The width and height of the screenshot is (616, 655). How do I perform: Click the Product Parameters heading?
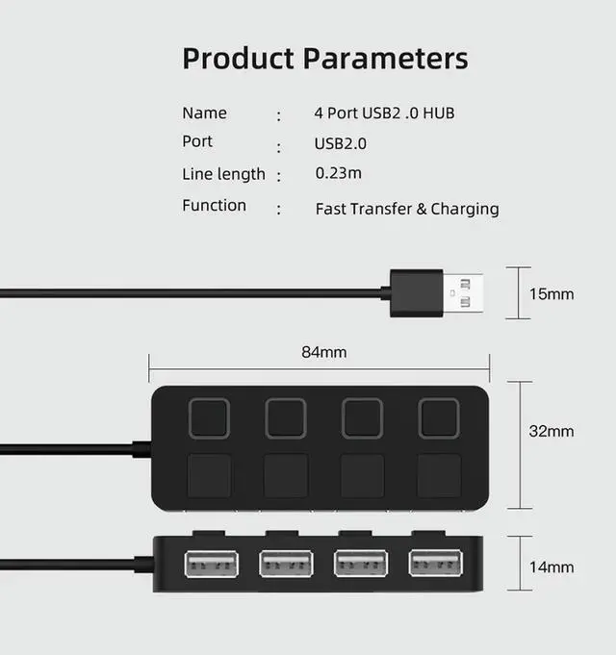pyautogui.click(x=324, y=58)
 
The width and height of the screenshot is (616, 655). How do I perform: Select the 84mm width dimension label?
pyautogui.click(x=323, y=352)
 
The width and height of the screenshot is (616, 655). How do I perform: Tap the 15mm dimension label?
pyautogui.click(x=552, y=293)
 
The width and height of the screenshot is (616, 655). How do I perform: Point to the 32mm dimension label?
pyautogui.click(x=552, y=431)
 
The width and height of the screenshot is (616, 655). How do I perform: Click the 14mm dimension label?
pyautogui.click(x=552, y=567)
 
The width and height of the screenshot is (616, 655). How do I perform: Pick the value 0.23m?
pyautogui.click(x=338, y=174)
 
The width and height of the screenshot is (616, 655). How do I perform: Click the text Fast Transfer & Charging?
pyautogui.click(x=406, y=209)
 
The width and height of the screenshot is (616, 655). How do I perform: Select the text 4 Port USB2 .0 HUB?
pyautogui.click(x=384, y=113)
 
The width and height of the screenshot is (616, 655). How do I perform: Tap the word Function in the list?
pyautogui.click(x=214, y=206)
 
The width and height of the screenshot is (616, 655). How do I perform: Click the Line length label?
pyautogui.click(x=223, y=174)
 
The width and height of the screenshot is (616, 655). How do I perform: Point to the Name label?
pyautogui.click(x=204, y=113)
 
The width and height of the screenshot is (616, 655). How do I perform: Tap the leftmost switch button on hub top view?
pyautogui.click(x=209, y=418)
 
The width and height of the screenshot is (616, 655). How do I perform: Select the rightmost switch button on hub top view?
pyautogui.click(x=439, y=418)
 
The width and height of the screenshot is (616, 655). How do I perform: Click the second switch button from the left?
pyautogui.click(x=286, y=418)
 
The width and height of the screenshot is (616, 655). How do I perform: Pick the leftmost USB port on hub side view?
pyautogui.click(x=210, y=563)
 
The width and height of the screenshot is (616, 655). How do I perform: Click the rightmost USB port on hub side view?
pyautogui.click(x=435, y=563)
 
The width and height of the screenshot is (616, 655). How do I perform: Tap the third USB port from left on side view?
pyautogui.click(x=360, y=563)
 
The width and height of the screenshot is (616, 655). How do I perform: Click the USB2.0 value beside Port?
pyautogui.click(x=340, y=144)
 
